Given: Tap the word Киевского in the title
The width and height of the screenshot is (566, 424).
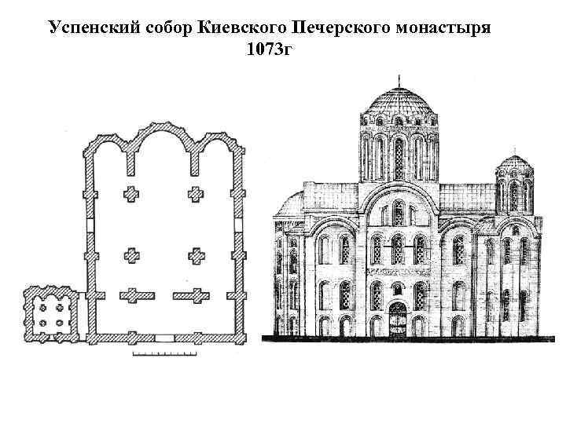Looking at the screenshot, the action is point(250,29).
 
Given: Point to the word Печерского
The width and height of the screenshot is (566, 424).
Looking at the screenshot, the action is point(350,29).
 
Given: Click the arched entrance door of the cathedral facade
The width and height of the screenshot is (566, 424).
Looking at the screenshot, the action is point(399,320).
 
